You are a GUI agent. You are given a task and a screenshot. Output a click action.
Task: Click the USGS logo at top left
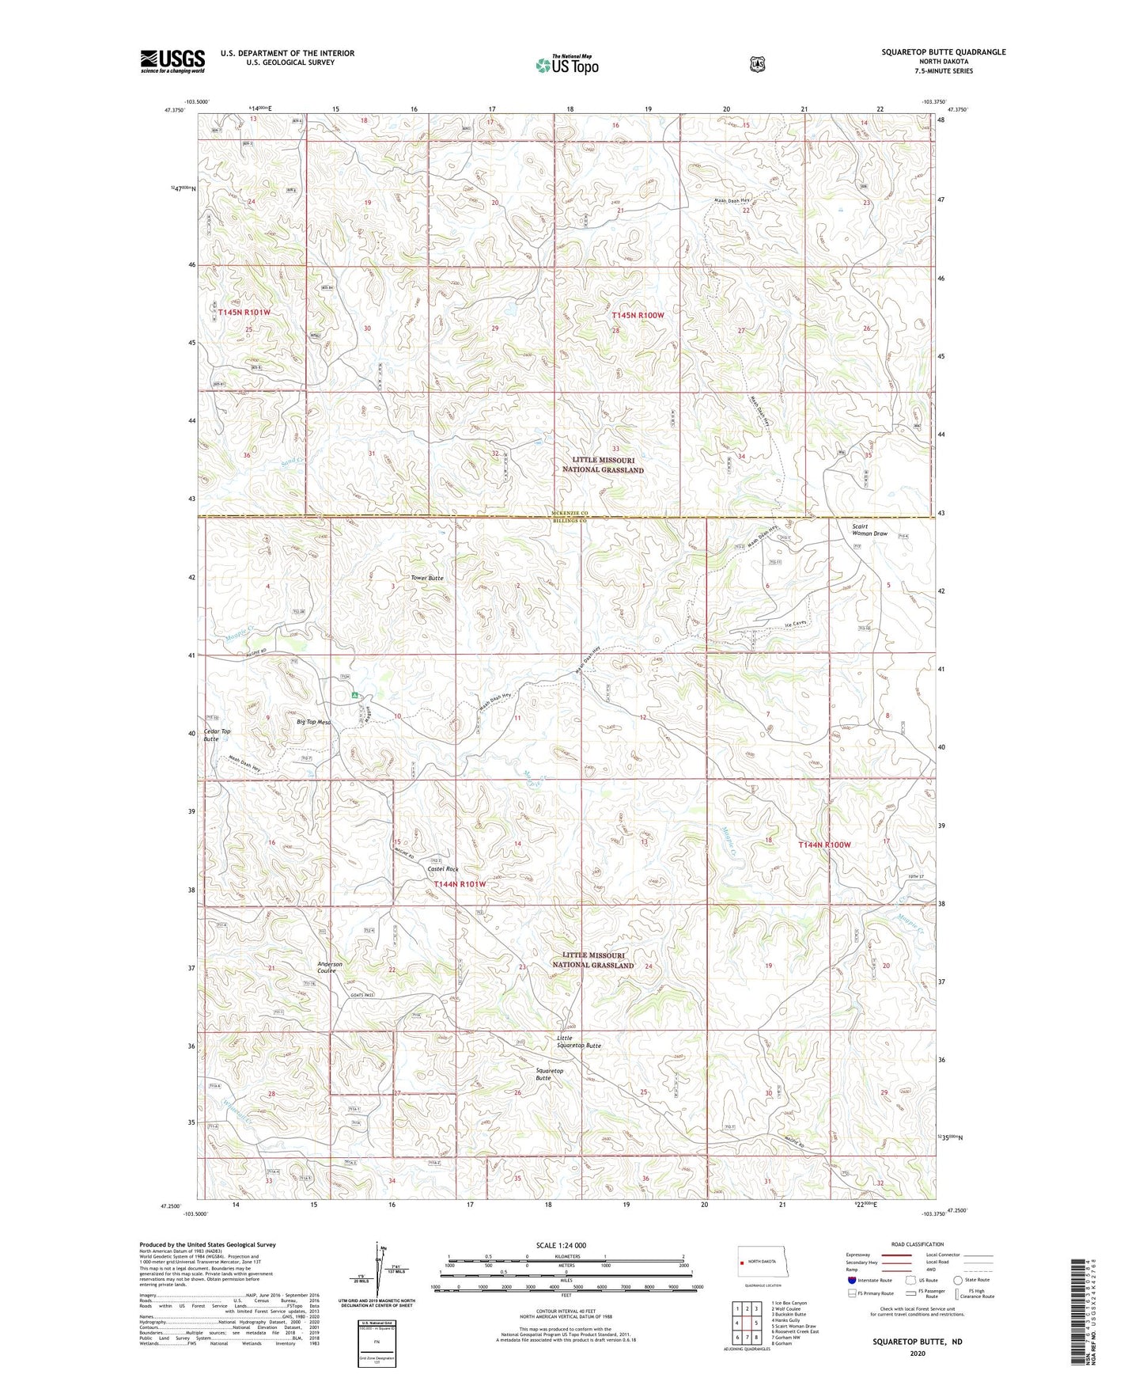[172, 61]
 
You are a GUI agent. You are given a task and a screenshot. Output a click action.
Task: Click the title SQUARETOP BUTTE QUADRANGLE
[944, 52]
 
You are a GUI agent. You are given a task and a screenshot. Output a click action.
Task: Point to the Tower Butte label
[427, 578]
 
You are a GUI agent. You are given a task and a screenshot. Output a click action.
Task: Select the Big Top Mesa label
[313, 722]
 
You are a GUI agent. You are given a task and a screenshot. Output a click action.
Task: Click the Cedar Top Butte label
[217, 735]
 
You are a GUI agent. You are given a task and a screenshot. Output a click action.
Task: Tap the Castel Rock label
[443, 869]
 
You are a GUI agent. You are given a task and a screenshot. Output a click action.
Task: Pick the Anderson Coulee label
[330, 967]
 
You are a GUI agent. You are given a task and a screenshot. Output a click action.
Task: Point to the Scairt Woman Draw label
[869, 530]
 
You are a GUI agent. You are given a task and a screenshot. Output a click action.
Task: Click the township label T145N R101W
[244, 313]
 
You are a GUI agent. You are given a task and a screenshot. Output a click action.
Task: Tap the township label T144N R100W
[824, 845]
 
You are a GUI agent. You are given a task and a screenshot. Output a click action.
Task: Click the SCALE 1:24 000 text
[561, 1245]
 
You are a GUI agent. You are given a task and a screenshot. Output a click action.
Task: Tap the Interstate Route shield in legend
[851, 1279]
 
